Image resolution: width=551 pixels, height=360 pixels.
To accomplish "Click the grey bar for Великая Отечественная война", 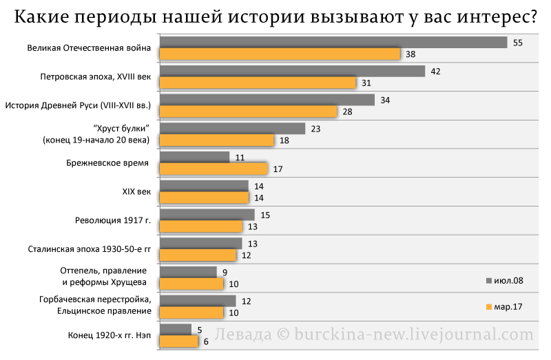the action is tap(333, 43).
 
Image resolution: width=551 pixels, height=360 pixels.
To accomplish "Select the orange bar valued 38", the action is tap(280, 54).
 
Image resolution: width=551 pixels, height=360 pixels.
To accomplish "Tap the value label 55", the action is tap(518, 43).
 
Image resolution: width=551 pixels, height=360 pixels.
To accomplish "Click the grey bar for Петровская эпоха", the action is tap(292, 72).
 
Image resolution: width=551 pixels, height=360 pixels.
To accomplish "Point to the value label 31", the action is tap(366, 83).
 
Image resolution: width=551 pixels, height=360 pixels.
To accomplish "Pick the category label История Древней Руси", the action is tap(78, 105).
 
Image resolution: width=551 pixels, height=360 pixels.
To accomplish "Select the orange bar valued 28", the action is tap(249, 112).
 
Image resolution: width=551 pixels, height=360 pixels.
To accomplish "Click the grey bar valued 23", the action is tap(232, 129).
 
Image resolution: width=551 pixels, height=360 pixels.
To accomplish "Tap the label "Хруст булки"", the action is tap(121, 129).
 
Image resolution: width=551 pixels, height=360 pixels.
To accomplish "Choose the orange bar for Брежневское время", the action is tap(214, 169).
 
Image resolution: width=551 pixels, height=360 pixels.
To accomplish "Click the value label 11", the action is tap(240, 158).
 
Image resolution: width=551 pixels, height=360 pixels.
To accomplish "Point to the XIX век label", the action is tap(136, 192).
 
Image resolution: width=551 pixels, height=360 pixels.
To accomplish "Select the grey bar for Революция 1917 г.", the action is tap(207, 215).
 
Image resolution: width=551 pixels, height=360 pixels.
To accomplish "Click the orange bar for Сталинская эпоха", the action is tap(198, 255).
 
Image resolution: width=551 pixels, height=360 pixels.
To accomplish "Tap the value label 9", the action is tap(225, 272).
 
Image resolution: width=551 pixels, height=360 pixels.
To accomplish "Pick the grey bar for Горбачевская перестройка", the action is tap(198, 301).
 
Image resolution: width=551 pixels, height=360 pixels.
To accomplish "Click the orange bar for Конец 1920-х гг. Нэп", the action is tap(179, 341).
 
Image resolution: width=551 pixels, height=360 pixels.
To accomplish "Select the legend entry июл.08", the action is tap(505, 281).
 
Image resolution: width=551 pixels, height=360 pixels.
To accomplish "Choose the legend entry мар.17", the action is tap(504, 306).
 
